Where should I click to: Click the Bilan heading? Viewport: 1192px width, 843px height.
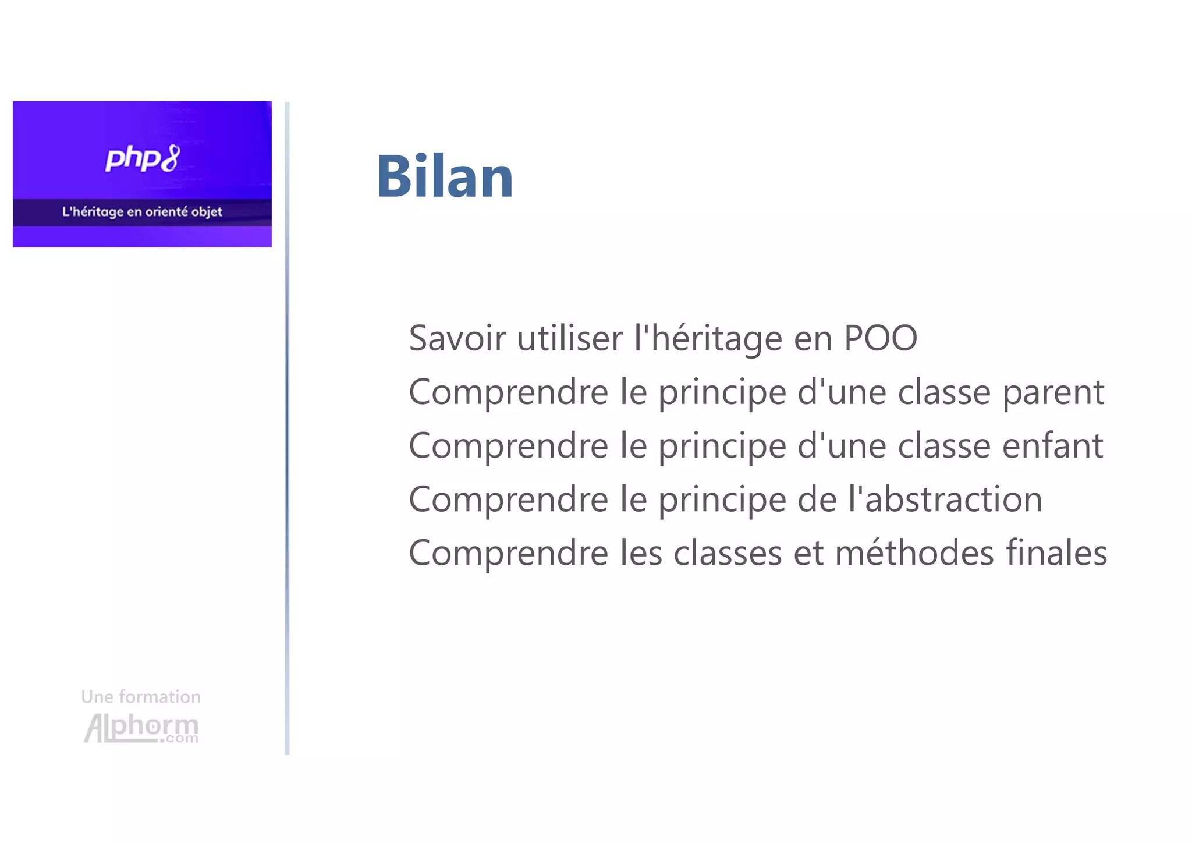click(x=445, y=176)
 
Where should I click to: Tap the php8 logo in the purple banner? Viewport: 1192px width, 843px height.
click(x=143, y=158)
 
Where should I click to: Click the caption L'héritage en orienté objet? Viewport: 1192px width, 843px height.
click(x=142, y=212)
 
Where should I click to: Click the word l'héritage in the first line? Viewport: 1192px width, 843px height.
click(x=708, y=339)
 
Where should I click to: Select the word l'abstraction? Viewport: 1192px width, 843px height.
click(x=945, y=500)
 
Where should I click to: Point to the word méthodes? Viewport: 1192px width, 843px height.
click(x=914, y=553)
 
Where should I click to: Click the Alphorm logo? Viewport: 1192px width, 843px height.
click(x=141, y=728)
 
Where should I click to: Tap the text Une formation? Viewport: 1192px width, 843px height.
click(x=141, y=697)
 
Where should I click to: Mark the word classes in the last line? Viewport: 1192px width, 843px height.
click(x=728, y=553)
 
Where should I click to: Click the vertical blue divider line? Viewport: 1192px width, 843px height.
click(x=287, y=428)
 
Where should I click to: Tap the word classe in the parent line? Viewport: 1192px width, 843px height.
click(x=944, y=392)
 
